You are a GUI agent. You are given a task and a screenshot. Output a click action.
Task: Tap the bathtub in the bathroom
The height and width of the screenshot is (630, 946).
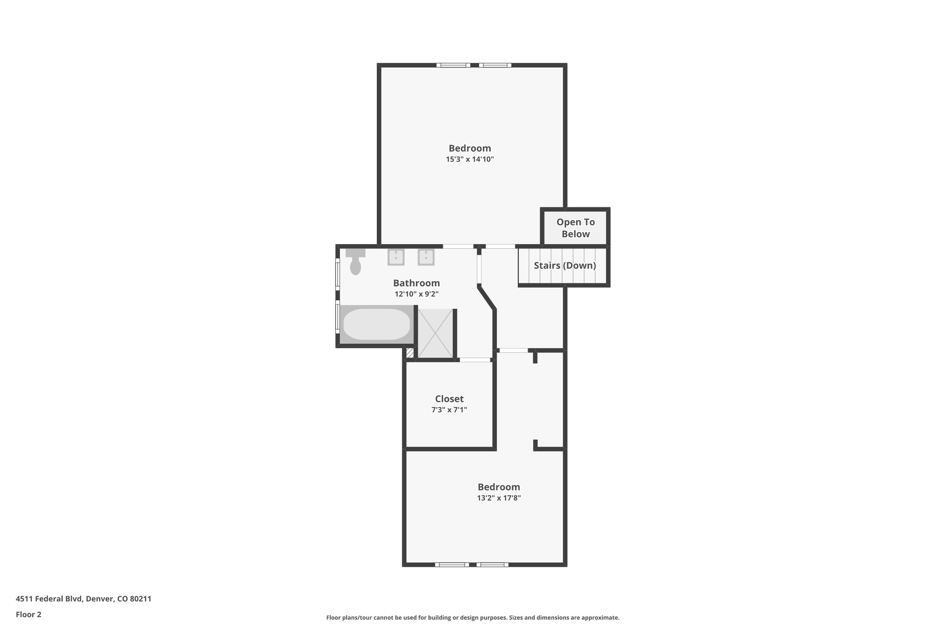tap(376, 324)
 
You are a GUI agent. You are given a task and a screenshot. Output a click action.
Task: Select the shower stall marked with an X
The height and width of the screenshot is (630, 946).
tap(435, 333)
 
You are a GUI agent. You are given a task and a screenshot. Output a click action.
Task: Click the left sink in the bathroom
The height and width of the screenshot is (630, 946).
tap(396, 257)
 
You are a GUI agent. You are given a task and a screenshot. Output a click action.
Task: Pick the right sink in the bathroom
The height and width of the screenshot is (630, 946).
tap(426, 257)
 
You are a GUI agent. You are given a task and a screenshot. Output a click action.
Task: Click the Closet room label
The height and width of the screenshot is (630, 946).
tap(449, 399)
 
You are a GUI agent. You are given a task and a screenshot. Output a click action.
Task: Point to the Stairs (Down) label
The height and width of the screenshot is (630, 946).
tap(564, 265)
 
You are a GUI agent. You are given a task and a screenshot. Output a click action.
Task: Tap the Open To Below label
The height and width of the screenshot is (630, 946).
tap(576, 228)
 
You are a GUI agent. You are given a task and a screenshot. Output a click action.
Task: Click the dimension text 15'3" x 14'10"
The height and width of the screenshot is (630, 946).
tap(470, 159)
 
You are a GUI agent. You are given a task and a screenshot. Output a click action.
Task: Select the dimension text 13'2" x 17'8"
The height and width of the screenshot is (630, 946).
tap(499, 498)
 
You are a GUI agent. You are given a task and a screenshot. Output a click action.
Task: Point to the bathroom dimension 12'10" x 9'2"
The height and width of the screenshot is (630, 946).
tap(416, 294)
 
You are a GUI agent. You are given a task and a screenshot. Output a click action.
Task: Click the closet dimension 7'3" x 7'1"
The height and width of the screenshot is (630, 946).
tap(449, 410)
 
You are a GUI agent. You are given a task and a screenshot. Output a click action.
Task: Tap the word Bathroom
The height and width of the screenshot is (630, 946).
tap(416, 283)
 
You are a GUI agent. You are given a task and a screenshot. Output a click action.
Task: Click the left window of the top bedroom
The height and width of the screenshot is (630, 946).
tap(453, 65)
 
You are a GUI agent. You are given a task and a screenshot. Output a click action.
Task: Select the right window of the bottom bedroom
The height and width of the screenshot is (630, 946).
tap(492, 564)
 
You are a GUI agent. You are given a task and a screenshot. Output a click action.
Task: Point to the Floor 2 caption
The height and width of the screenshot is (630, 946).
tap(29, 614)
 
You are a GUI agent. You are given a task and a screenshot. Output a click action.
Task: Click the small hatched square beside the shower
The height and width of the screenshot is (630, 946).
tap(410, 353)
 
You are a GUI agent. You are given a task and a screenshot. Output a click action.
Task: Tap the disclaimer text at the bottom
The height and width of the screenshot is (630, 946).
tap(473, 618)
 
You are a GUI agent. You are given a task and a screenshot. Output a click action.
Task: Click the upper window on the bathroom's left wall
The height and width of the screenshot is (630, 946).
tap(338, 274)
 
